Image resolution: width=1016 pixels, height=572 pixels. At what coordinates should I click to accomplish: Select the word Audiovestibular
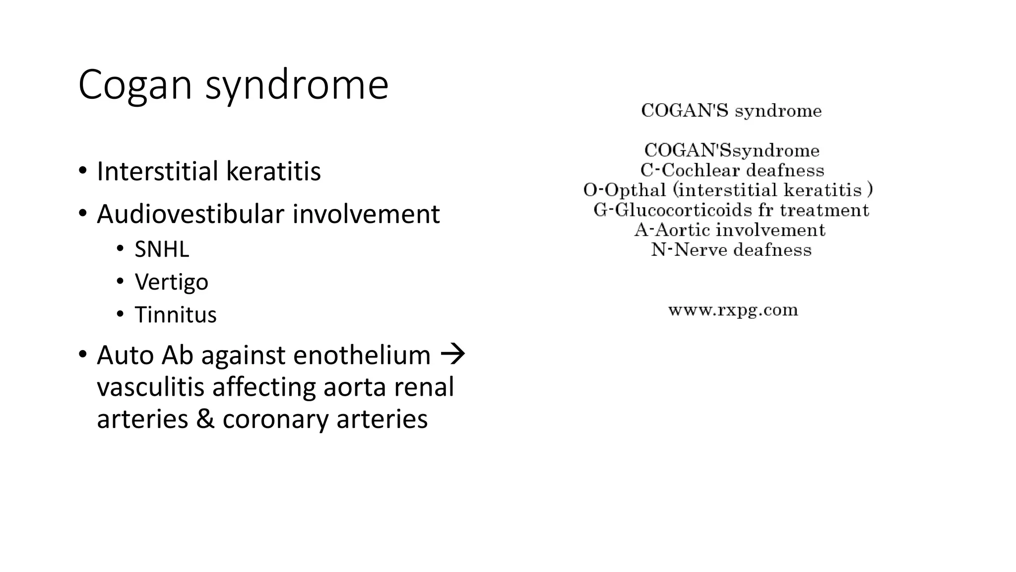[190, 214]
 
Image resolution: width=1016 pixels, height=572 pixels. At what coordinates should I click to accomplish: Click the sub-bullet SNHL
[162, 249]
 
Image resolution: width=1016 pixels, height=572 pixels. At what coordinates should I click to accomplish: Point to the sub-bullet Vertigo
[171, 282]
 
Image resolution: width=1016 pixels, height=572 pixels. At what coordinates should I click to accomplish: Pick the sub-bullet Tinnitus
[176, 315]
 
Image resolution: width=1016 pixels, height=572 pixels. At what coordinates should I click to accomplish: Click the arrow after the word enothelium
[453, 355]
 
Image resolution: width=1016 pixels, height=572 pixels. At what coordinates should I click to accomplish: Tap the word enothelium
[362, 356]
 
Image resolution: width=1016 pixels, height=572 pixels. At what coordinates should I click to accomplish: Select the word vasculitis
[150, 387]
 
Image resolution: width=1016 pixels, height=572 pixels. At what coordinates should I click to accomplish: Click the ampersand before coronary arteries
[205, 419]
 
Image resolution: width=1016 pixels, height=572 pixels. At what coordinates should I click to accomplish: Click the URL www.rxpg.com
[733, 310]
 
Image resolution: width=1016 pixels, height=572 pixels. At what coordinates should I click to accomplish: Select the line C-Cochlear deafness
[732, 170]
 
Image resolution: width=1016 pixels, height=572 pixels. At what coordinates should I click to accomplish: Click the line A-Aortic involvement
[730, 230]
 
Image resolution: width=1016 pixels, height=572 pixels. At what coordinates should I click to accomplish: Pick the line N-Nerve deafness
[731, 250]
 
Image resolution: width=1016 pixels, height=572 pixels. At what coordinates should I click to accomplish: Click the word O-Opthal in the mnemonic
[625, 190]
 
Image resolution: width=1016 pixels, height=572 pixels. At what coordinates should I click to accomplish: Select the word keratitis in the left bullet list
[273, 171]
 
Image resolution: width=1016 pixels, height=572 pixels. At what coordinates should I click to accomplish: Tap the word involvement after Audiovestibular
[366, 214]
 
